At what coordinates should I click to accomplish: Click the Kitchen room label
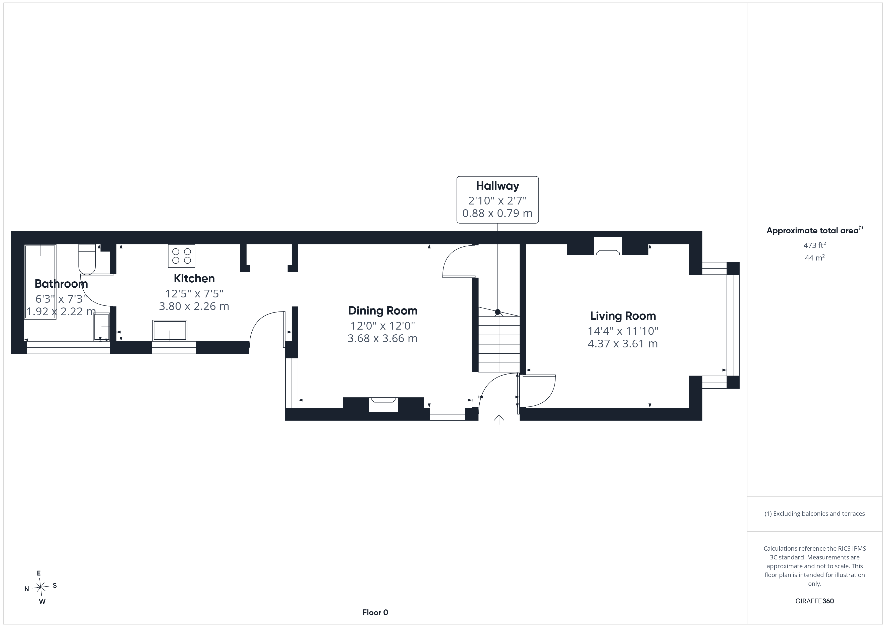coord(194,278)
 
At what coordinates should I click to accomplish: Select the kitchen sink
coord(170,331)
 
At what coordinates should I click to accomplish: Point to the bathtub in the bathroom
coord(40,282)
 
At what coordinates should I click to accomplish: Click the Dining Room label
coord(383,311)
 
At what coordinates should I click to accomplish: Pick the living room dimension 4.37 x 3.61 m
coord(623,344)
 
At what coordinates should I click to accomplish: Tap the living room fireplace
coord(608,246)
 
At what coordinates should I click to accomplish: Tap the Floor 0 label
coord(375,613)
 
